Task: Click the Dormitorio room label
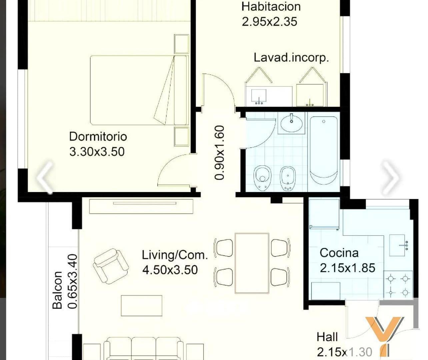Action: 98,137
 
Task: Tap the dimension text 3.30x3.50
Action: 97,152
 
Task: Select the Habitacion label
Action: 271,6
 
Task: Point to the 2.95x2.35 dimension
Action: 269,22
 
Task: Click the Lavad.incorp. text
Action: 291,58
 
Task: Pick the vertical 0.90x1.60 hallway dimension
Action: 219,153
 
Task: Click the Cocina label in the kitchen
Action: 339,253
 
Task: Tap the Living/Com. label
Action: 175,255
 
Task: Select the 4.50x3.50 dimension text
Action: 170,270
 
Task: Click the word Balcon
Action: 57,290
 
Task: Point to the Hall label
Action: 327,337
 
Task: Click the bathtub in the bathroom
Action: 324,151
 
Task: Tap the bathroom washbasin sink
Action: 291,123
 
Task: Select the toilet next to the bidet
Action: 262,178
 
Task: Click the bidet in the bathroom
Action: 288,178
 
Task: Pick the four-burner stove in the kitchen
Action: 398,285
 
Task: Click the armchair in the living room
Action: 111,266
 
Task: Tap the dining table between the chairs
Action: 252,263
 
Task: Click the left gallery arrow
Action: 45,177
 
